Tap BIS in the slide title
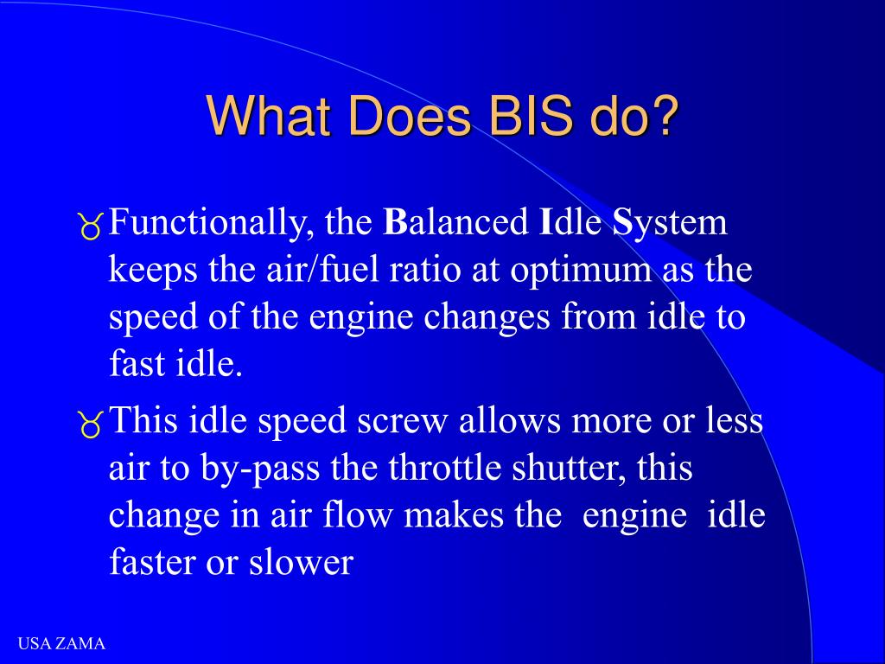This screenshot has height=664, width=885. [x=521, y=117]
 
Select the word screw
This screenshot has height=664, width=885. [x=407, y=422]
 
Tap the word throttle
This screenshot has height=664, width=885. [x=438, y=469]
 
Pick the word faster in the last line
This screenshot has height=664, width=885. [x=152, y=563]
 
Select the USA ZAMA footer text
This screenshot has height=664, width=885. [x=62, y=643]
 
